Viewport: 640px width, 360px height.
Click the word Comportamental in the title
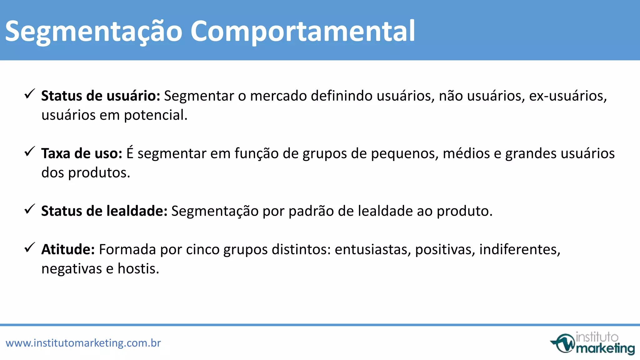(x=302, y=31)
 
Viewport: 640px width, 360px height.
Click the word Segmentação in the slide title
(x=94, y=31)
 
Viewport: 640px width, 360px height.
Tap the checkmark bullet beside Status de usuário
(x=30, y=94)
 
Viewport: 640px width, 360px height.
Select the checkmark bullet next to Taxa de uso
(x=30, y=152)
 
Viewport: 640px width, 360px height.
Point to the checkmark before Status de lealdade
(x=30, y=209)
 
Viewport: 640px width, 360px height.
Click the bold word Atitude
(x=68, y=249)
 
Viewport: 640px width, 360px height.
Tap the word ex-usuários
(x=567, y=96)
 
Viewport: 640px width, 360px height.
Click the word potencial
(x=156, y=115)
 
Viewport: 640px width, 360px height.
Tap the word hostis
(x=138, y=268)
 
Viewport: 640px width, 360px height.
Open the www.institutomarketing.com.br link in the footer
(x=83, y=343)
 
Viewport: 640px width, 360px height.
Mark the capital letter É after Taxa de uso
(x=130, y=153)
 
